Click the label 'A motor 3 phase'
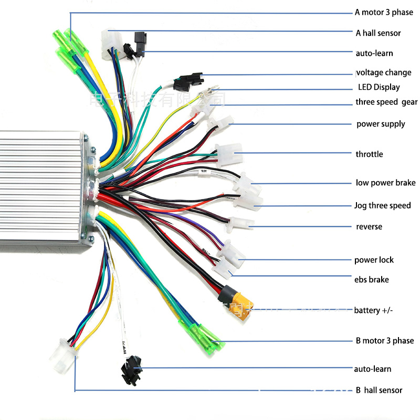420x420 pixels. coord(384,12)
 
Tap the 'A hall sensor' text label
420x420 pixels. coord(378,33)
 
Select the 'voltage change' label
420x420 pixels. coord(384,72)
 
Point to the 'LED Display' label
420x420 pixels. coord(379,87)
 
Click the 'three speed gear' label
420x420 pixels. coord(386,102)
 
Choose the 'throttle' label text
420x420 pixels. coord(369,154)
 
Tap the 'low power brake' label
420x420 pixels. coord(385,183)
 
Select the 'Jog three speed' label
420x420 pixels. coord(382,205)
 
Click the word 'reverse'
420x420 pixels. coord(369,227)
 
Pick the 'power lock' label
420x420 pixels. coord(374,260)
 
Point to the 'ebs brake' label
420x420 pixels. coord(371,280)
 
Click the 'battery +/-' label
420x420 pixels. coord(373,310)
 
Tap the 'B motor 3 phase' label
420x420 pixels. coord(384,341)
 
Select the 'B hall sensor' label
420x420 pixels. coord(379,390)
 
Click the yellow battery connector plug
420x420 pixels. coord(240,306)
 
